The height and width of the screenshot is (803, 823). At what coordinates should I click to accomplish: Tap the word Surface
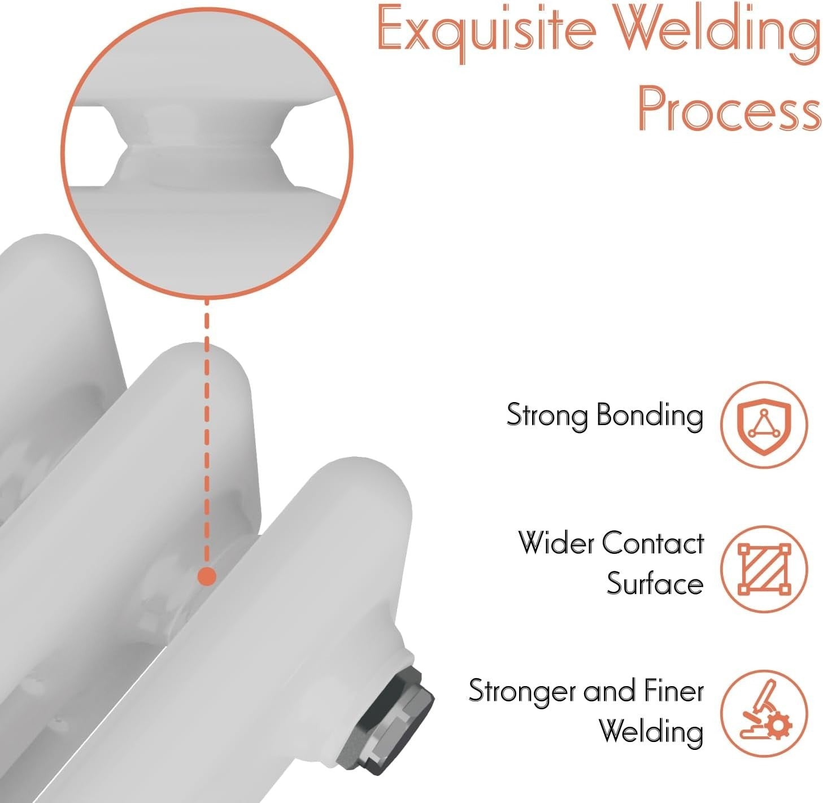tap(655, 583)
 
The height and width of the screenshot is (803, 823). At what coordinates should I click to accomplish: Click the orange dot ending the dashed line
tap(207, 577)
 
